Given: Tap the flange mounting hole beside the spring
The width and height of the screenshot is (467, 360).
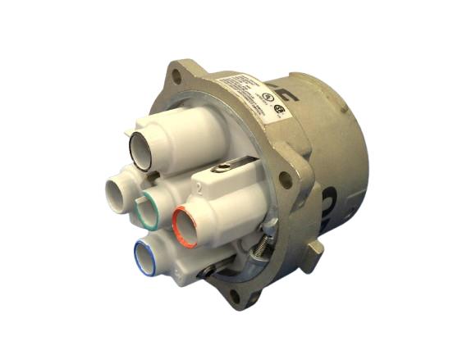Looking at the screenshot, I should (x=283, y=179).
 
